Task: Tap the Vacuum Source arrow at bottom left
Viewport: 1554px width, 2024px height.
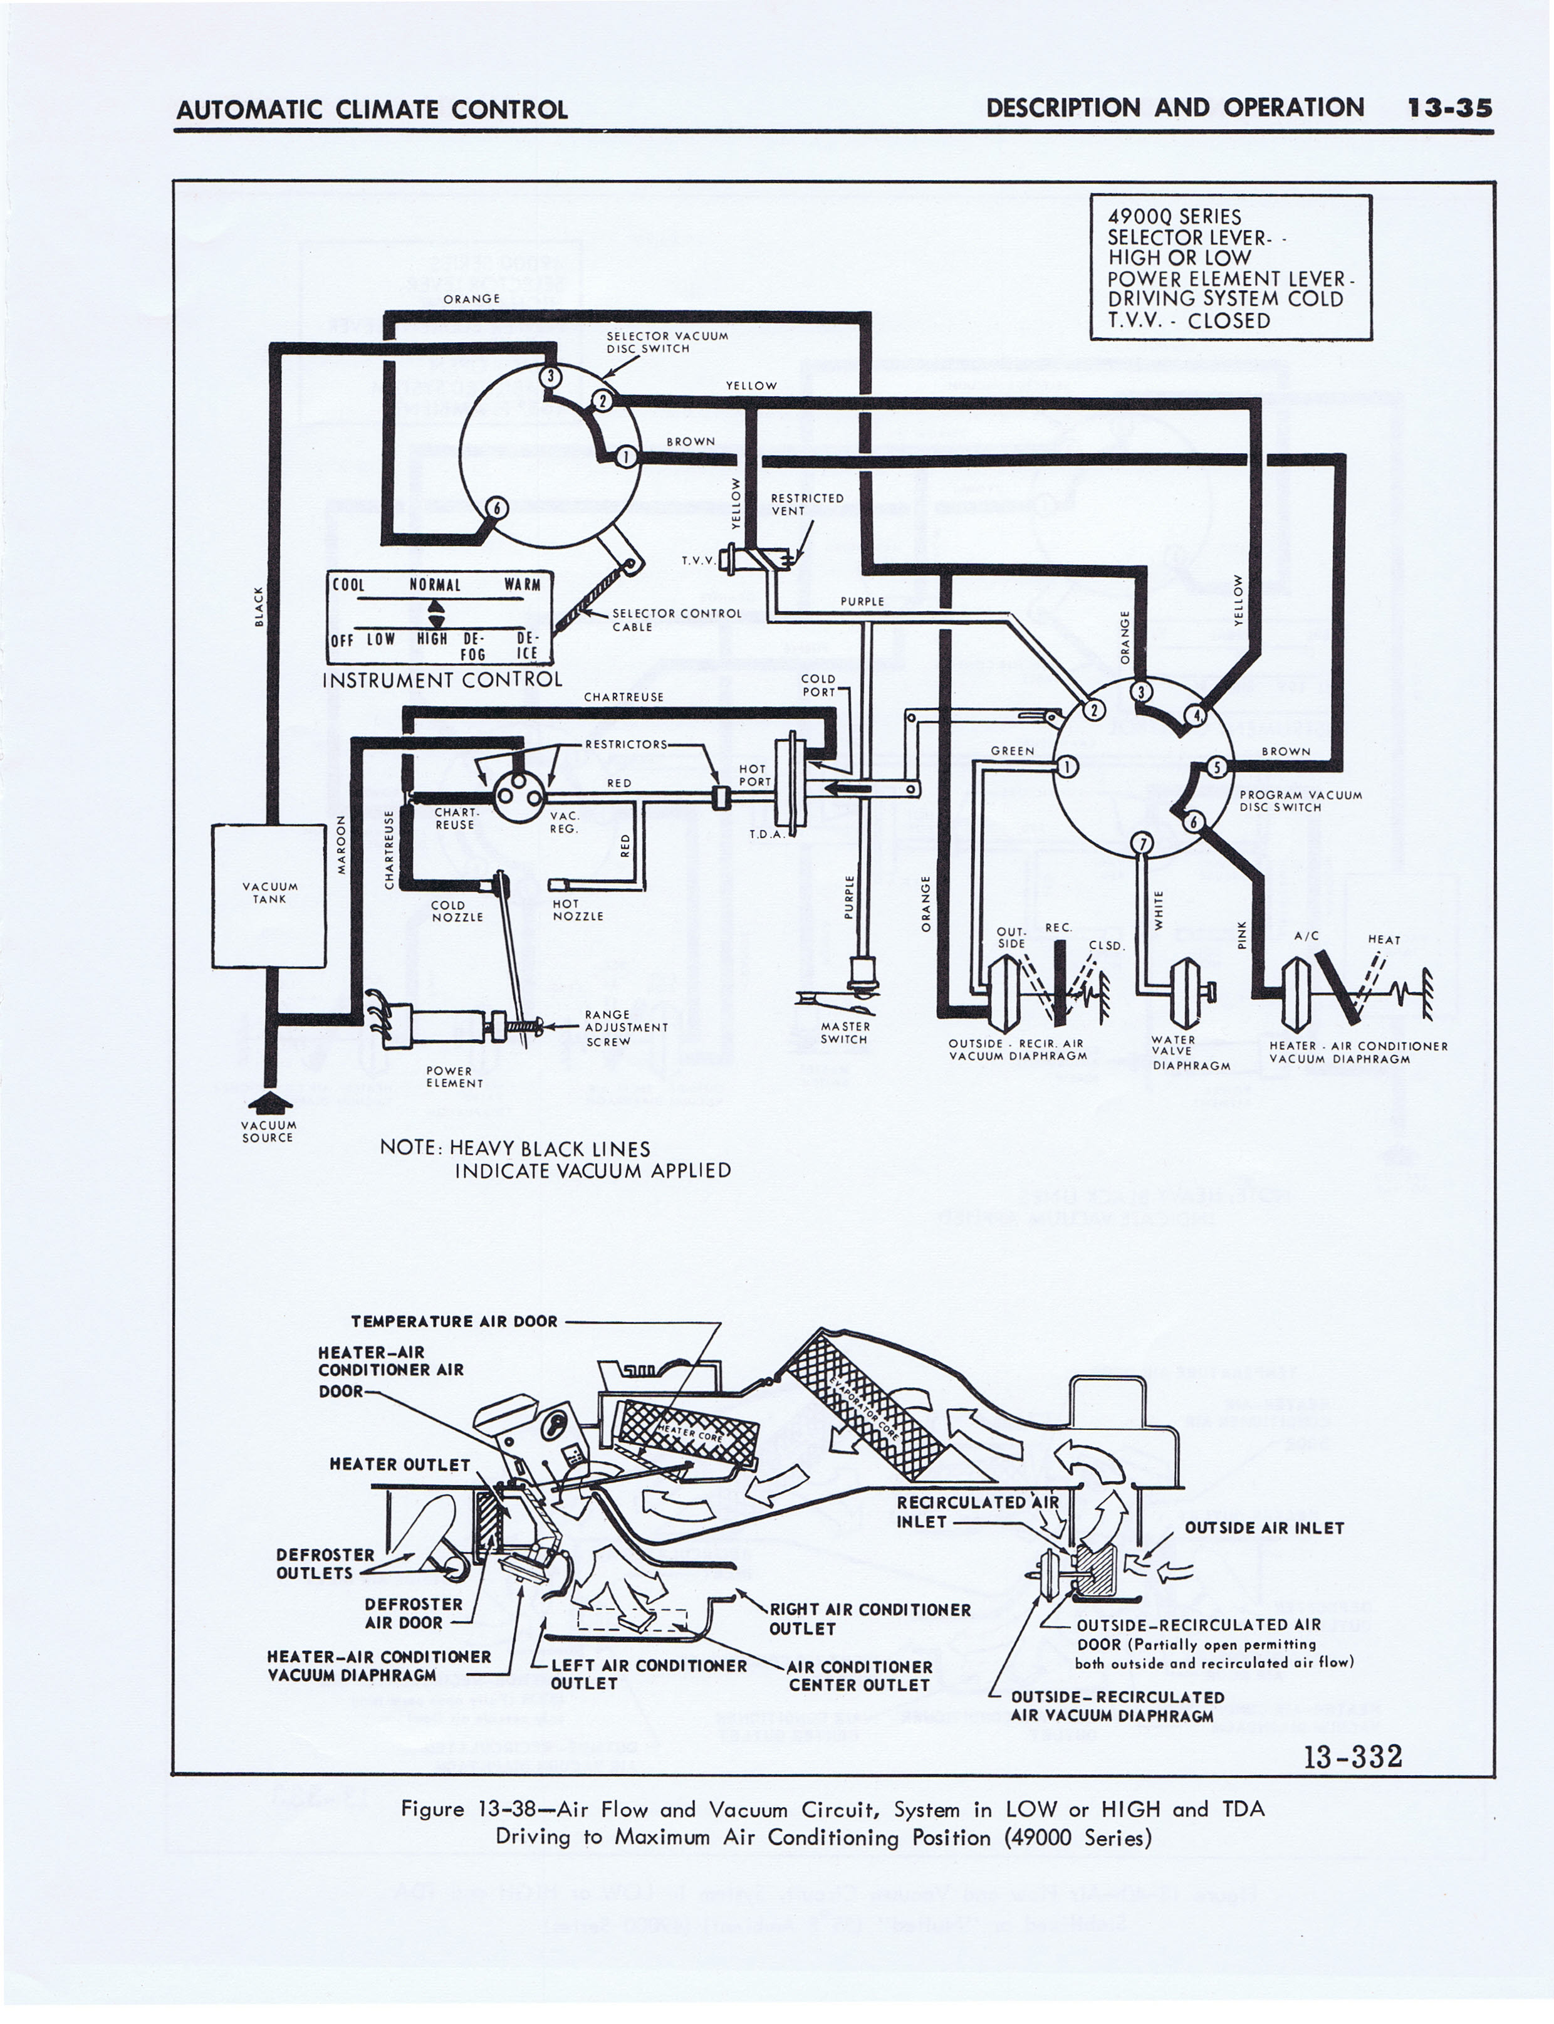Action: pos(269,1101)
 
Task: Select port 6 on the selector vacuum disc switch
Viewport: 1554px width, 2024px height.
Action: pos(498,508)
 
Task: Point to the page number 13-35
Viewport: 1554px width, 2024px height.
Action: pos(1449,108)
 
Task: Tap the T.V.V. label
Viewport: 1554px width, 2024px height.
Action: pos(699,560)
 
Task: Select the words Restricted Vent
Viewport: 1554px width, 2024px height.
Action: pos(806,504)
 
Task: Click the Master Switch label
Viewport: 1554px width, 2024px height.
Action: pos(845,1032)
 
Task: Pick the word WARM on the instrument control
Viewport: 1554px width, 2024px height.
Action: pos(523,585)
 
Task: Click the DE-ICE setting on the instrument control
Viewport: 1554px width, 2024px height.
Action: pos(527,646)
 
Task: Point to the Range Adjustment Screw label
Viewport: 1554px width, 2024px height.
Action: pos(626,1028)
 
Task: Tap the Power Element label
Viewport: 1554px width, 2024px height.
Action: pos(454,1077)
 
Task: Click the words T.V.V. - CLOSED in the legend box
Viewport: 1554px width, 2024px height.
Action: pos(1189,321)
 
